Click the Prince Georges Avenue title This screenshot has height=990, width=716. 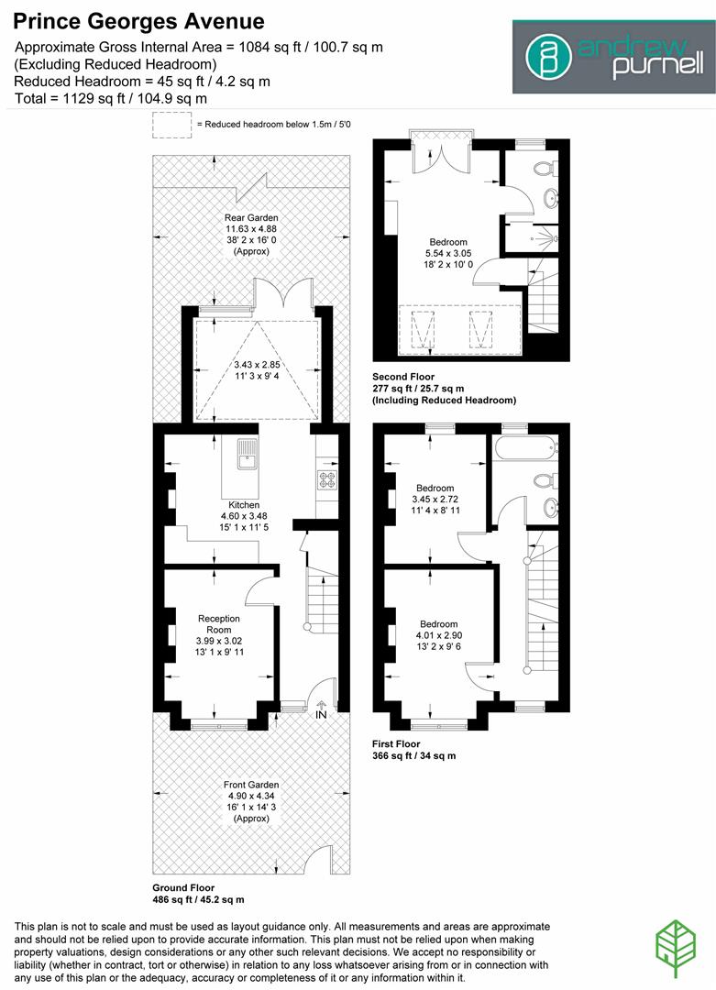pos(139,21)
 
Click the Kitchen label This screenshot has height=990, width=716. pos(244,505)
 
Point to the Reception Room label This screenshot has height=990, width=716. pos(218,624)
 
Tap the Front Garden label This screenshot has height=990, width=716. pos(251,785)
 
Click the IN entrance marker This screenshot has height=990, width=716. pos(321,714)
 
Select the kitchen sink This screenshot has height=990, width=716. pos(248,452)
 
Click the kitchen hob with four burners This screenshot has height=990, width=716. pos(326,478)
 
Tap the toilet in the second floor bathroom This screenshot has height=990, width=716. pos(546,169)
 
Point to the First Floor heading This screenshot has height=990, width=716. pos(397,743)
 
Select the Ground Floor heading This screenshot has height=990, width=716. pos(183,888)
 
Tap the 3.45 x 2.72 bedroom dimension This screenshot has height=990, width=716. pos(435,500)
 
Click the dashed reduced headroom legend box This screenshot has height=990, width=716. pos(171,125)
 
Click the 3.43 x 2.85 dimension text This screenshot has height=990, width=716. pos(258,367)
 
